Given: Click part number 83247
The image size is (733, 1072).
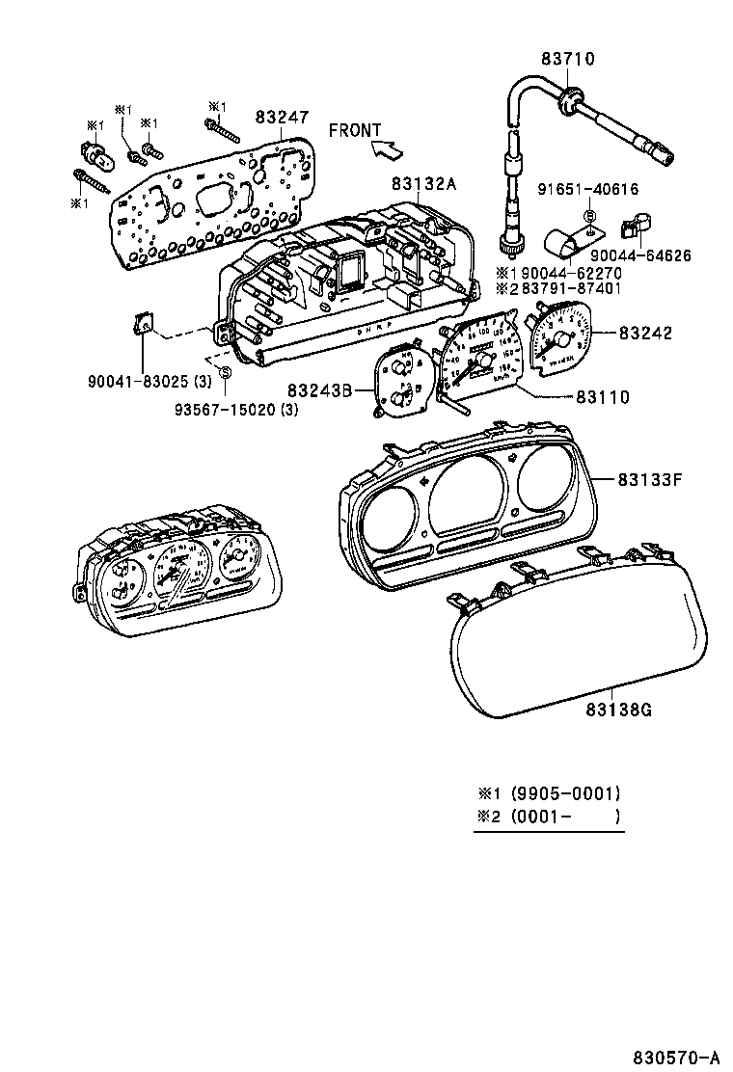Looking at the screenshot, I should click(x=282, y=117).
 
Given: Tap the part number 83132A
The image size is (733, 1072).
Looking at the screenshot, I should click(x=424, y=183).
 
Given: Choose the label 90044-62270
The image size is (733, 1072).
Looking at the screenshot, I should click(x=570, y=272).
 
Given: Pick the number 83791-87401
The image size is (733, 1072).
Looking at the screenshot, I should click(x=570, y=288).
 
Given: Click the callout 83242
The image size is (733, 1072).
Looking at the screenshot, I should click(x=646, y=334).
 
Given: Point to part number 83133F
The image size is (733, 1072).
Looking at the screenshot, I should click(x=650, y=478).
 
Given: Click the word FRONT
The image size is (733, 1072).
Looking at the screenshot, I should click(x=355, y=130).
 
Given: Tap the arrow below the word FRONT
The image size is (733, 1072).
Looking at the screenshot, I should click(x=387, y=148).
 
